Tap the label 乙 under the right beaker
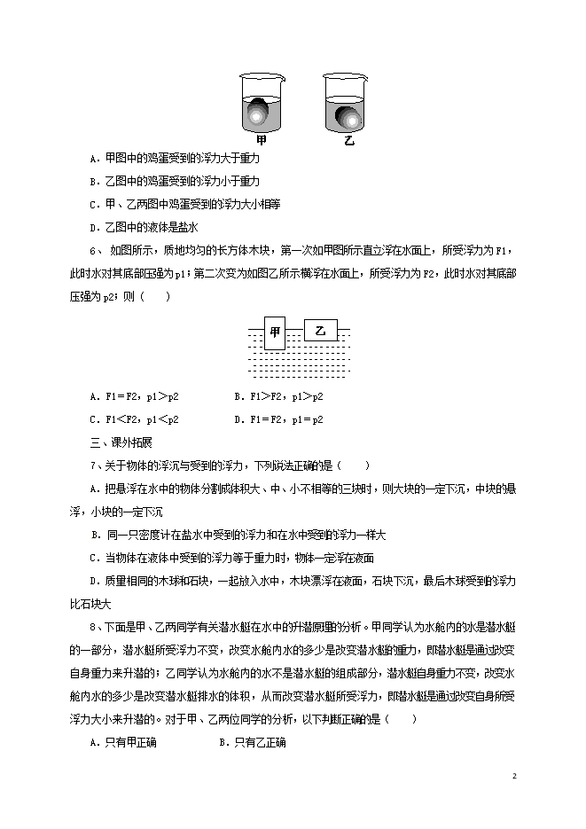348,140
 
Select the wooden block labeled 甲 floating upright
275,332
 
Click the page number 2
513,777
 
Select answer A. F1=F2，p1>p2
139,396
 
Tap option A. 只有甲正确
123,742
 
